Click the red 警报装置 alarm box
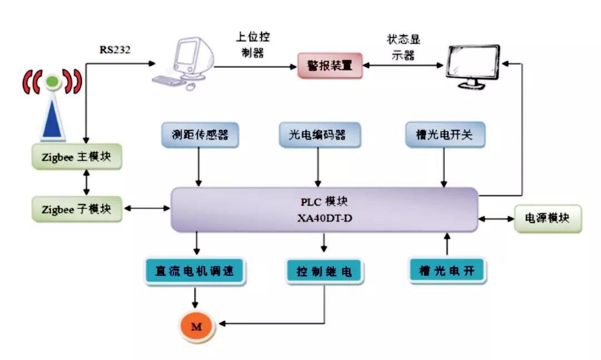330,66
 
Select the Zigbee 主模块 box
77,156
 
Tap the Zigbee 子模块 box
77,209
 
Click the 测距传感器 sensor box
200,135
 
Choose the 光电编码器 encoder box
319,135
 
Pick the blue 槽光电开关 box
445,135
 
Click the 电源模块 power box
548,219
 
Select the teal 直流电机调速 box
195,271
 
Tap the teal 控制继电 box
324,272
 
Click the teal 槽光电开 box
447,271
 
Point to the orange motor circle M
196,327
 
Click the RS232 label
115,50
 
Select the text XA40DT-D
324,218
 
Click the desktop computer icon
184,63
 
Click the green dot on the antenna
52,81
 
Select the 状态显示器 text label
403,47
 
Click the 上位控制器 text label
253,45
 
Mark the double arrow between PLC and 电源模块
496,219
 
